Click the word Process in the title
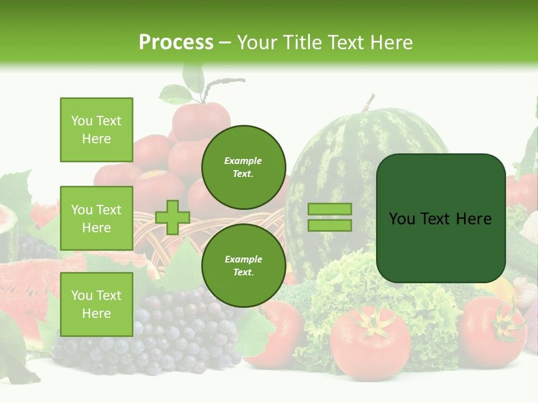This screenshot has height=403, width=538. tap(176, 43)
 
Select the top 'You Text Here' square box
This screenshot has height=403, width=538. tap(96, 130)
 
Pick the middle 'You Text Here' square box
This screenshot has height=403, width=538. tap(96, 218)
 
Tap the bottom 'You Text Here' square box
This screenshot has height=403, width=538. tap(96, 304)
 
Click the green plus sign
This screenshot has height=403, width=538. tap(173, 217)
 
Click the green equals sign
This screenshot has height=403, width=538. tap(330, 217)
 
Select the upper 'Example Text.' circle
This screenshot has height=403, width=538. tap(243, 167)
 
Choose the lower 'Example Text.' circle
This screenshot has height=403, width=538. tap(243, 266)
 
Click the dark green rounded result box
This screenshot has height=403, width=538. tap(440, 218)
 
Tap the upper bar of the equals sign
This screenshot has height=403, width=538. tap(330, 209)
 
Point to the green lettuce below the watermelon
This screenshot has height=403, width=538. tap(359, 280)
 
